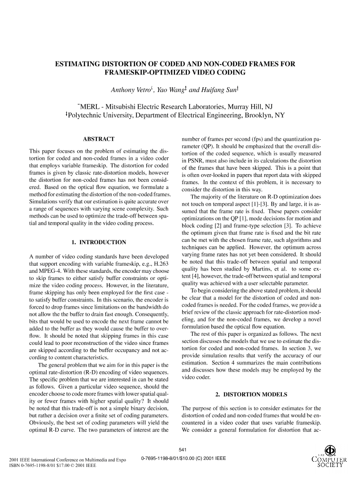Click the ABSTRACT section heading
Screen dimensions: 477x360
99,139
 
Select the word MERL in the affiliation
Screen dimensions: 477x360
90,106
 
